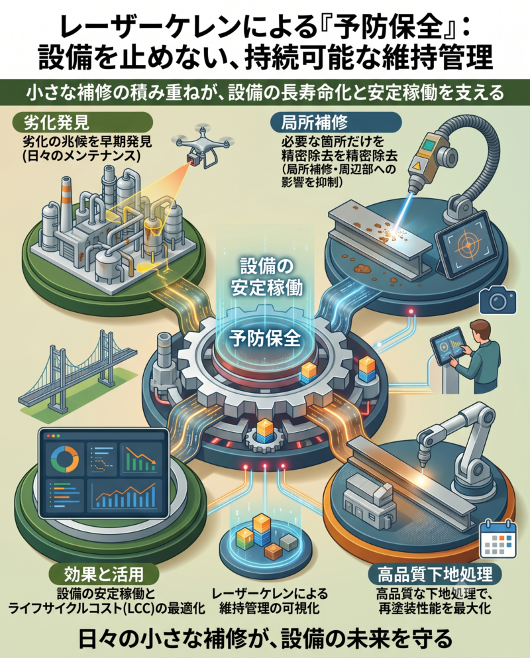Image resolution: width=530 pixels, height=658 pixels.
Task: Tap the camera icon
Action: click(x=498, y=300)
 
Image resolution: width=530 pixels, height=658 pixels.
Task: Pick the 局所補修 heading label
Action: click(x=314, y=122)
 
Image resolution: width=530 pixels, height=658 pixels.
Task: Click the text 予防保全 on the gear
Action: click(x=265, y=338)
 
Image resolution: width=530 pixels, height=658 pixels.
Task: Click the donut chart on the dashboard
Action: click(x=64, y=459)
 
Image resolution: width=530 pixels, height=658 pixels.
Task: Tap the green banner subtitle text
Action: click(x=265, y=93)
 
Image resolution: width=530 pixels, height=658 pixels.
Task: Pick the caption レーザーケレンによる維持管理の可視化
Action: click(x=269, y=601)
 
